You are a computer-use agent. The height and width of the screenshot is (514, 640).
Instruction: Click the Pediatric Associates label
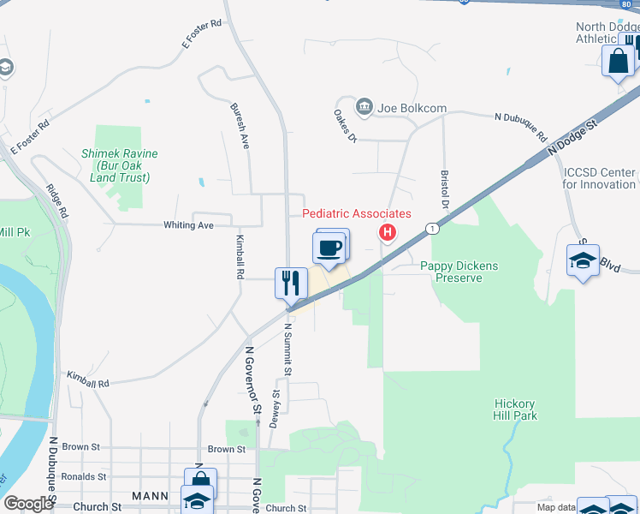[x=357, y=213]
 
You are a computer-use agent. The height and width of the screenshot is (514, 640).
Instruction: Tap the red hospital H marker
[x=388, y=232]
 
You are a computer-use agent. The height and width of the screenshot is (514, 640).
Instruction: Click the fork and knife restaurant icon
[x=290, y=283]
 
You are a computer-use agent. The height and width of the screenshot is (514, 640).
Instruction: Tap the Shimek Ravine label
[x=120, y=165]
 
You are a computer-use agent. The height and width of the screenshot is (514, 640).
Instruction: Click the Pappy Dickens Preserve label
[x=459, y=272]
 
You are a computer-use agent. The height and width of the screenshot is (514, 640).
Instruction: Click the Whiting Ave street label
[x=188, y=225]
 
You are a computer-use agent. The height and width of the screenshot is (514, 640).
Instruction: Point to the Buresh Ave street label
[x=240, y=127]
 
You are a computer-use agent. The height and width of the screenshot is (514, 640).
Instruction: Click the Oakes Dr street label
[x=345, y=125]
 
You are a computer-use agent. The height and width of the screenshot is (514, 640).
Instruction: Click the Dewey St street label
[x=276, y=408]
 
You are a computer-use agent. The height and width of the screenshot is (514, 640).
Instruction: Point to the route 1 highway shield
[x=433, y=229]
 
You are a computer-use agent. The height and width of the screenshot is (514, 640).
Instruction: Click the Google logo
[x=28, y=505]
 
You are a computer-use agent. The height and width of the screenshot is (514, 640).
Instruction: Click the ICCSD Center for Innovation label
[x=600, y=178]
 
